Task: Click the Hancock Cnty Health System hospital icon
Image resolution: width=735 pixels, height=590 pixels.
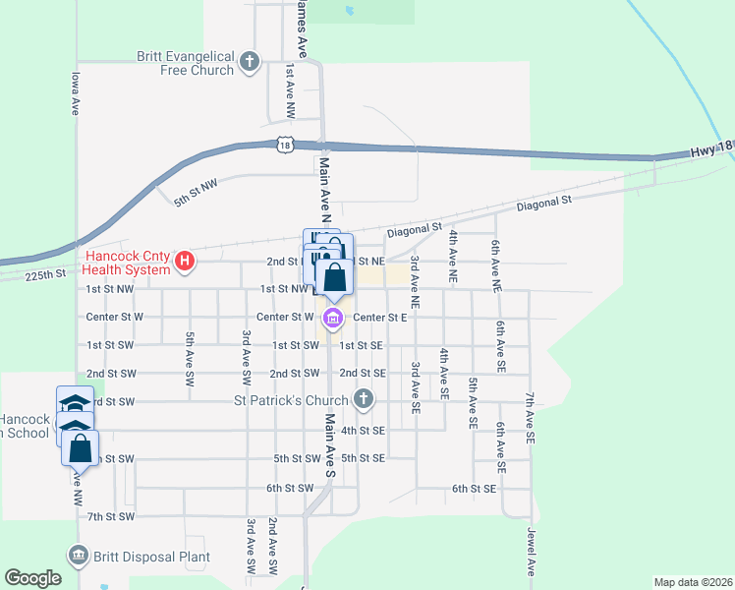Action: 184,262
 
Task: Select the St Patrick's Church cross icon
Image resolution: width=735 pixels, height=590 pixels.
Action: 363,399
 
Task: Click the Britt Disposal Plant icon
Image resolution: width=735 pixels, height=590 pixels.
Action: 78,556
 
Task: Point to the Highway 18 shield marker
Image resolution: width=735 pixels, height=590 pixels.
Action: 285,145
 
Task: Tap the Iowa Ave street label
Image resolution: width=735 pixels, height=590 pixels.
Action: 75,92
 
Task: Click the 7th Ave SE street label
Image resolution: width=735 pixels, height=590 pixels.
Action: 530,414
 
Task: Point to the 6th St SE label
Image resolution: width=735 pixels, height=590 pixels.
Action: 475,488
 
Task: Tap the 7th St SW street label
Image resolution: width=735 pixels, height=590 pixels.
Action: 109,516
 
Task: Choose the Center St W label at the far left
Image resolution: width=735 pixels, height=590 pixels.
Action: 115,317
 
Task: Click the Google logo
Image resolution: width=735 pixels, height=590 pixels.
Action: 32,578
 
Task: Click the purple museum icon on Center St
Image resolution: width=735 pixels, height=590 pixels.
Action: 333,318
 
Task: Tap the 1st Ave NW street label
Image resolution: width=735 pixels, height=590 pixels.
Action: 290,92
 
